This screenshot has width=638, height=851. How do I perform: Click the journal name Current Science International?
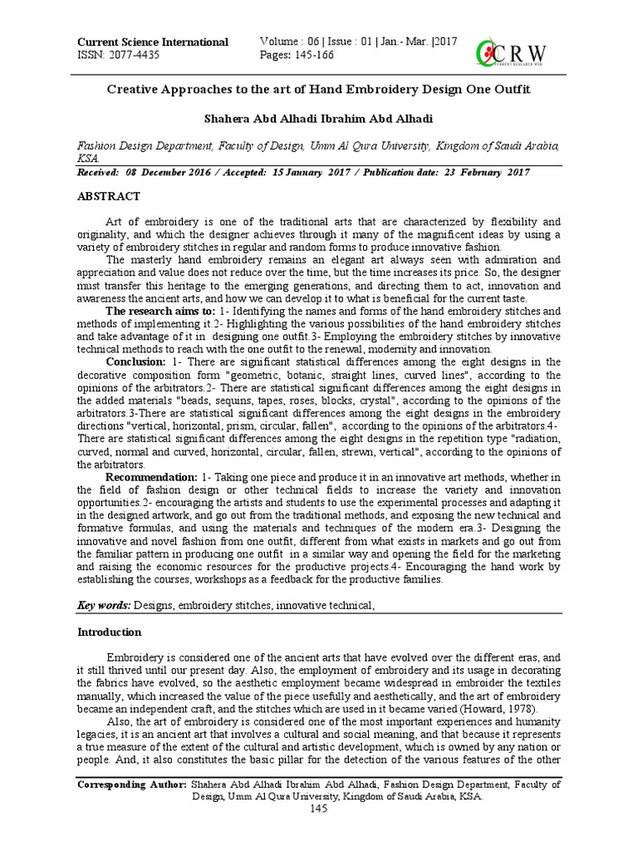pos(152,42)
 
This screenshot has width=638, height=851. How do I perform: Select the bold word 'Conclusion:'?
pos(135,362)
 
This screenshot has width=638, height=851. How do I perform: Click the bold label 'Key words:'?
pos(103,606)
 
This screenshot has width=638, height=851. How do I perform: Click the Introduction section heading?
pos(110,632)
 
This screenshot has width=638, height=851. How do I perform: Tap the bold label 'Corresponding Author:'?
pos(131,784)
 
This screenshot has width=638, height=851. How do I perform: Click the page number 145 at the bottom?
pos(318,809)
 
